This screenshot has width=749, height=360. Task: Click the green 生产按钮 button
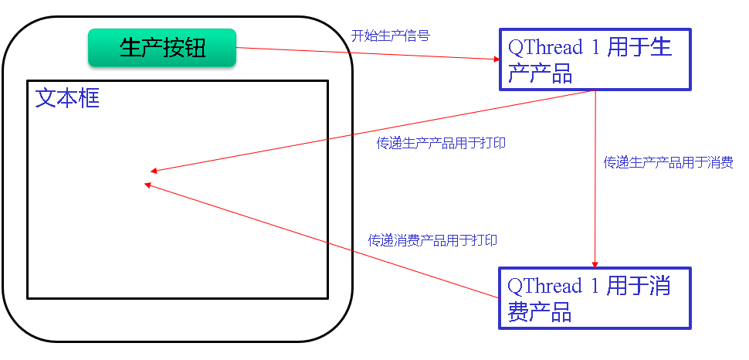point(161,48)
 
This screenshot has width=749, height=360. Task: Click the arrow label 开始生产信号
point(390,36)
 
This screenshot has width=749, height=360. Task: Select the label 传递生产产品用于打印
point(441,144)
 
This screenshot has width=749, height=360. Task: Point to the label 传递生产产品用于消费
point(668,163)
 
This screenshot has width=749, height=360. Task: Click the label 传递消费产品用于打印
point(432,240)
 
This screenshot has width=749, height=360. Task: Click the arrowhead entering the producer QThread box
point(497,59)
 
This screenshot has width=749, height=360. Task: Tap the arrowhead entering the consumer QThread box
point(595,264)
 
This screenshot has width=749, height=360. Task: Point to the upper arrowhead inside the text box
point(154,171)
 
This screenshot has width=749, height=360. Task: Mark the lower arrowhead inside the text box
point(148,184)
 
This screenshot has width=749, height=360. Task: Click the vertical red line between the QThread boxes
point(595,178)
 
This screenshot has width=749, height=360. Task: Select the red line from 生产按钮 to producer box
point(363,53)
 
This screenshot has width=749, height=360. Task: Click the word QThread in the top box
point(544,47)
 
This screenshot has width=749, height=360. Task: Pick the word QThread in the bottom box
point(544,287)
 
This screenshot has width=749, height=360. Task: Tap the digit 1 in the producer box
point(595,47)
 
